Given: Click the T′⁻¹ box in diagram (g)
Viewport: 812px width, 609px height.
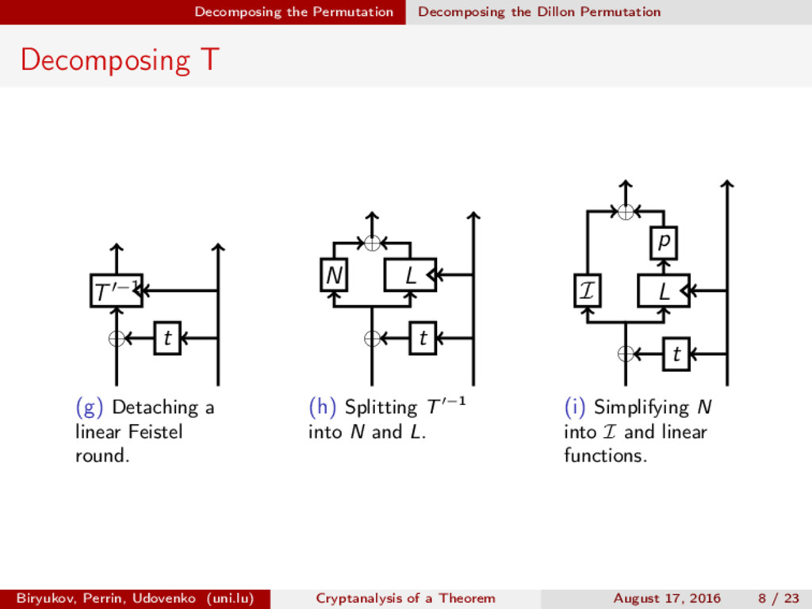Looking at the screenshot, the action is (x=116, y=290).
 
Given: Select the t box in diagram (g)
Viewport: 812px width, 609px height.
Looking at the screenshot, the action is (x=167, y=339).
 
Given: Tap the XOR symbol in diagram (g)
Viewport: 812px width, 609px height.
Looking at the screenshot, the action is (x=117, y=339).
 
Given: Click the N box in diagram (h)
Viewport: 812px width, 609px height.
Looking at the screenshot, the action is (x=334, y=275).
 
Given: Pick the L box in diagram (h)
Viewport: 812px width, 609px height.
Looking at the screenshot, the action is (x=410, y=275).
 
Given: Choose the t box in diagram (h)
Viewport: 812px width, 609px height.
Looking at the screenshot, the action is (x=423, y=339).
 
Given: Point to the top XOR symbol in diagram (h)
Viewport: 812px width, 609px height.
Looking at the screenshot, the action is (x=372, y=243).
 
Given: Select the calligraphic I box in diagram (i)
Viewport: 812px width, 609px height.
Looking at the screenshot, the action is (x=587, y=291).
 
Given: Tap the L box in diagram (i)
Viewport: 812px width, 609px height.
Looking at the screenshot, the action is (x=664, y=291).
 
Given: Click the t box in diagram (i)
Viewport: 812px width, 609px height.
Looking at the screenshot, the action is (x=676, y=354).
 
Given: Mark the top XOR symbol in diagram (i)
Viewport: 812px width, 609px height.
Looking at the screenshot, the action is (x=626, y=212).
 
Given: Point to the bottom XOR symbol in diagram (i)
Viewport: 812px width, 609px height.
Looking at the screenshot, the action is (x=626, y=354).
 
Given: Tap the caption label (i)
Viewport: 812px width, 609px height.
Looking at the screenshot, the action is (x=576, y=408).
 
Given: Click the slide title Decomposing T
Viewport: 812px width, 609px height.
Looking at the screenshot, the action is (x=119, y=60).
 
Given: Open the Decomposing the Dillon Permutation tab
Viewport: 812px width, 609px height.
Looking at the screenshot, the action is (x=539, y=12).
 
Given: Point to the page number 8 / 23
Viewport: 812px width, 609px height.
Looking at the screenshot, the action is (x=779, y=598).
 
